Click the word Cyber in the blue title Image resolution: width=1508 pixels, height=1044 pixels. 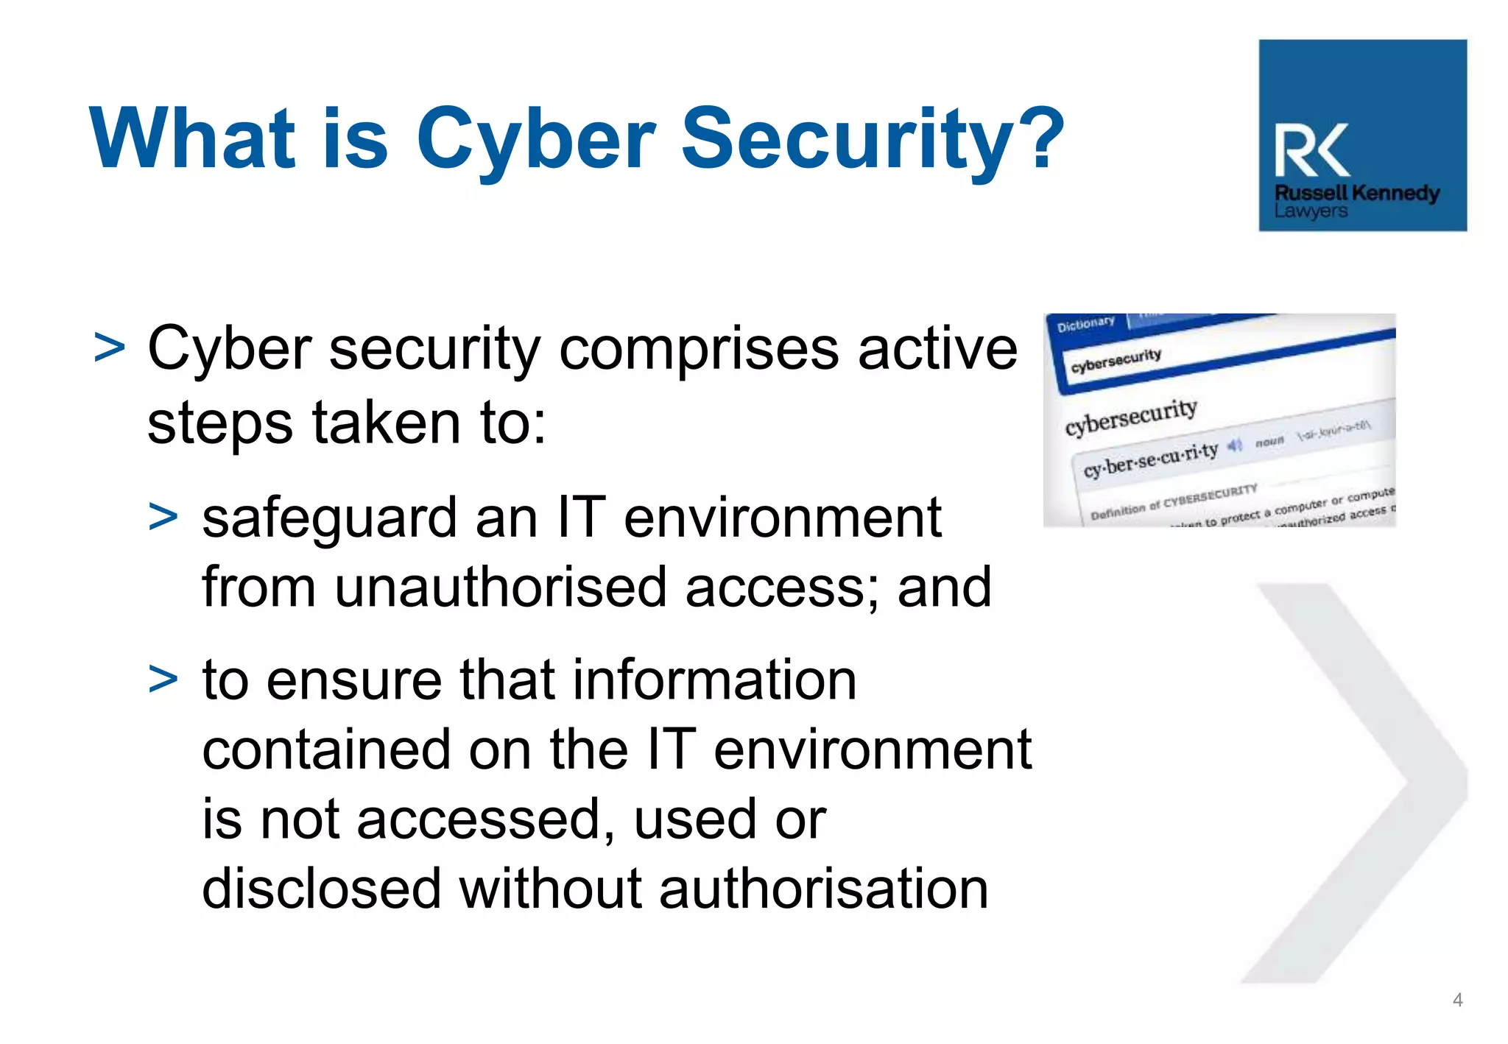[x=535, y=140]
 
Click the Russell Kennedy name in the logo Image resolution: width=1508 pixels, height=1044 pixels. [x=1357, y=193]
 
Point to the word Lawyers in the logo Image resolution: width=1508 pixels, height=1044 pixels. [x=1311, y=211]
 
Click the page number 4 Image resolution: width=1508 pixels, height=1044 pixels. [x=1457, y=1000]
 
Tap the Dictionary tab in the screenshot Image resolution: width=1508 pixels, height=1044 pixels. [x=1085, y=323]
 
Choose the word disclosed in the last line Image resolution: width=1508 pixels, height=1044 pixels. [x=320, y=889]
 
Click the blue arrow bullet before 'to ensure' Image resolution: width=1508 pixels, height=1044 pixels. [x=163, y=679]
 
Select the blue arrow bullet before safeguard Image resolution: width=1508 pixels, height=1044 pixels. [x=163, y=517]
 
